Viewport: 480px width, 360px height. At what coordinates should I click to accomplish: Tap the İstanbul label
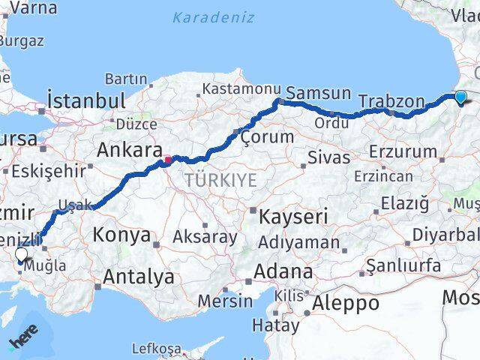[x=85, y=100]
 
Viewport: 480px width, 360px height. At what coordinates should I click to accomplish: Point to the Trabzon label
[x=391, y=100]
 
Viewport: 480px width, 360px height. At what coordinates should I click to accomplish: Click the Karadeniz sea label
[x=213, y=17]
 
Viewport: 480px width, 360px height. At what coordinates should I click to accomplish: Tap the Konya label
[x=121, y=235]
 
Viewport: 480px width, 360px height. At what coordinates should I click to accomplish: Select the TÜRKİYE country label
[x=221, y=180]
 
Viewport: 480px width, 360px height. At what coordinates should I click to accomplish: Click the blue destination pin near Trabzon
[x=460, y=96]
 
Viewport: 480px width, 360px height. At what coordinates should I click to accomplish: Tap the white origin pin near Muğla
[x=21, y=254]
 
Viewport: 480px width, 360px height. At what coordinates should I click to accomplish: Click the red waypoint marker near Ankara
[x=168, y=159]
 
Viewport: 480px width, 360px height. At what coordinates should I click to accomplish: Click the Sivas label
[x=328, y=157]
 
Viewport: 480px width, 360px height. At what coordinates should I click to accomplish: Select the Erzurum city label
[x=403, y=151]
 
